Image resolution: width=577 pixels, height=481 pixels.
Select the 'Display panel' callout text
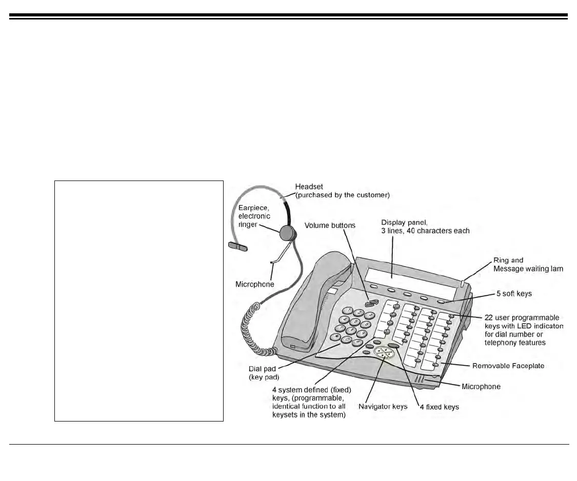[425, 226]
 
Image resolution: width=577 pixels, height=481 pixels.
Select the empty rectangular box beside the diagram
[139, 300]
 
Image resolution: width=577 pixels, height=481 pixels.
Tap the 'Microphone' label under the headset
[255, 284]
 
